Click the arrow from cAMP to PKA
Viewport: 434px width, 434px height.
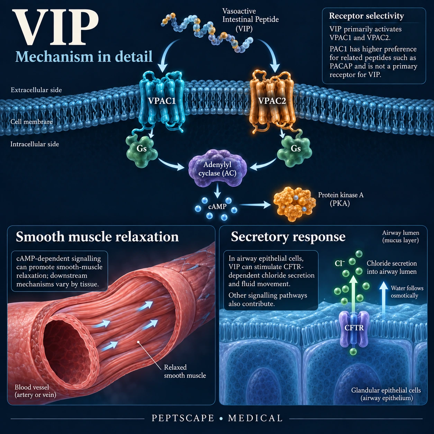[255, 205]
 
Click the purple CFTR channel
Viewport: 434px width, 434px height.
[354, 328]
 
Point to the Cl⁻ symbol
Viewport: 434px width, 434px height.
[340, 263]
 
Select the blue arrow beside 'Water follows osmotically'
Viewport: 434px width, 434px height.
[383, 298]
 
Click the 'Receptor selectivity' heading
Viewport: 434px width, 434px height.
[367, 16]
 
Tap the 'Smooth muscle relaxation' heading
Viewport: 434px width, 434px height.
[97, 237]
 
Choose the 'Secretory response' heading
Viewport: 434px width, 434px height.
[288, 237]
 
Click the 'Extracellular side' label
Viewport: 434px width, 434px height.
[36, 90]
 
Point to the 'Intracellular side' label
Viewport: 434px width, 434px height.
[35, 144]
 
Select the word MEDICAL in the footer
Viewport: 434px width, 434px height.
[255, 418]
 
